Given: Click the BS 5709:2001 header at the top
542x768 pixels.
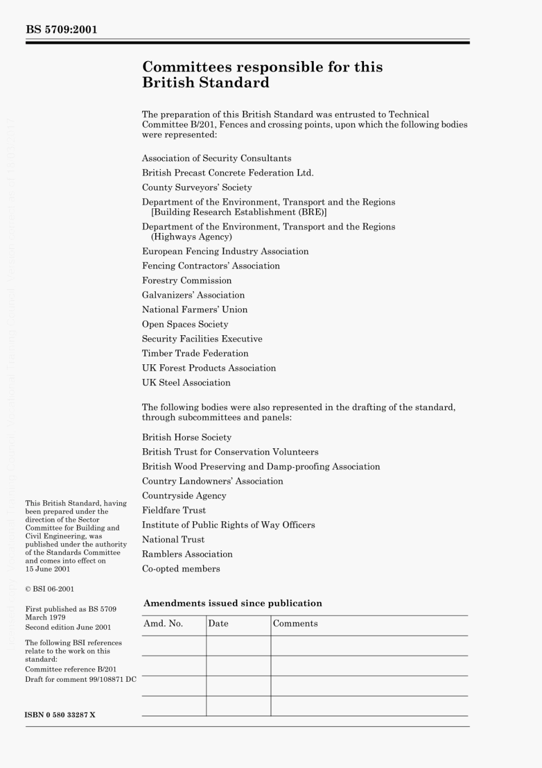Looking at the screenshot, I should tap(62, 30).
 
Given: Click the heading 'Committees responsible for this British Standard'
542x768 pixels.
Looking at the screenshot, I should tap(262, 75).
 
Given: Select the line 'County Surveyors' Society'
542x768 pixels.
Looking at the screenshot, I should tap(197, 187).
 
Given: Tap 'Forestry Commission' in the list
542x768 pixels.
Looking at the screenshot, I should tap(187, 280).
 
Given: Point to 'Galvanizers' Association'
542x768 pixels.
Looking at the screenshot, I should tap(193, 295).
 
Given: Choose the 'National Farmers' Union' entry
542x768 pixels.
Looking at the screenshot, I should tap(195, 309).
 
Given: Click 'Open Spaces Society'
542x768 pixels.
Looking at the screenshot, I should tap(185, 324).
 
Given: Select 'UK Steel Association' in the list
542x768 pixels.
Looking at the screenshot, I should tap(186, 383).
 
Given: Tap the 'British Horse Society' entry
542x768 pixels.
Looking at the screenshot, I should tap(187, 437).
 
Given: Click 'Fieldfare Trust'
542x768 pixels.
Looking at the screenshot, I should tap(173, 510).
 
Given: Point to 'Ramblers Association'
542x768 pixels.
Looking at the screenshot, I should tap(187, 554).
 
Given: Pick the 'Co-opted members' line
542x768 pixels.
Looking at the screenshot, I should tap(181, 569).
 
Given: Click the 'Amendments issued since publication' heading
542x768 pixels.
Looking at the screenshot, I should tap(232, 603).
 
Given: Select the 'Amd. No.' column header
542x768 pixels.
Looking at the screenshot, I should tap(163, 624).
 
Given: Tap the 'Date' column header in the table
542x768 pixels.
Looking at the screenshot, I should tap(218, 624).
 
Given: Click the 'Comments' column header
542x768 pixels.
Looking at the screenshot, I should tap(295, 624).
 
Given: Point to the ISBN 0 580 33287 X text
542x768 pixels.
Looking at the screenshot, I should tap(60, 715).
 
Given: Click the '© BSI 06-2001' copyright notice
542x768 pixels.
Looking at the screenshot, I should tap(50, 589).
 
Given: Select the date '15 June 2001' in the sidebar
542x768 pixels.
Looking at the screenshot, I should tap(47, 569).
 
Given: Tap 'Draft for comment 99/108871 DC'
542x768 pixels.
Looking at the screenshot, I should tap(80, 679).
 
